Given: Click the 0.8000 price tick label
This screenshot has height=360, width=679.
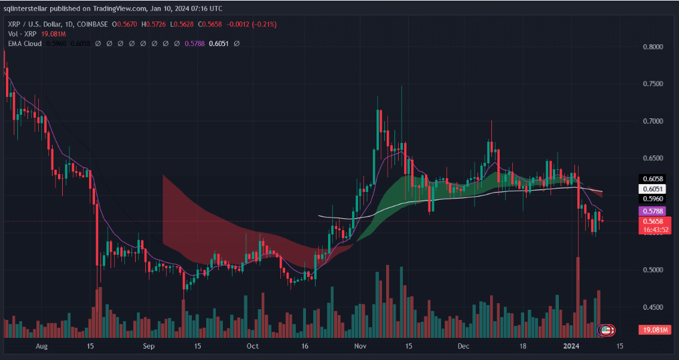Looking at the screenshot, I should point(653,47).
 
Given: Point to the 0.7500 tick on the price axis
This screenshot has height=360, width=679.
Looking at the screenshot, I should point(653,84).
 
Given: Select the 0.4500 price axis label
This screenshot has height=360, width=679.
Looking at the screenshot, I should point(653,307).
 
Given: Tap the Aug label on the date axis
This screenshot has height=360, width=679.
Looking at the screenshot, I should point(41,346).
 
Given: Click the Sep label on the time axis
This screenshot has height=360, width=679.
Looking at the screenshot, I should point(149,346).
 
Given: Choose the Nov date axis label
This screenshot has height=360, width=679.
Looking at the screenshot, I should point(360,346).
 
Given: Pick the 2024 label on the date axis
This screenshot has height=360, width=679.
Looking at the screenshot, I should point(573,346).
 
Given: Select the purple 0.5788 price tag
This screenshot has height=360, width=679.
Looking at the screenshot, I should point(652,211).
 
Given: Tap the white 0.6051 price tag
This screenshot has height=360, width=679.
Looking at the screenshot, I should point(652,188).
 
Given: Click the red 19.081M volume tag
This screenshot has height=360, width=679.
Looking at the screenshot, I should point(656,330).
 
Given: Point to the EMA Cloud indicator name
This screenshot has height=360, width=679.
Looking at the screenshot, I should point(25,44).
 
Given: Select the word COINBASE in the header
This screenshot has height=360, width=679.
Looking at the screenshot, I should point(93,24).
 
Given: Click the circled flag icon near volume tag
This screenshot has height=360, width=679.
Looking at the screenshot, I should point(606,330).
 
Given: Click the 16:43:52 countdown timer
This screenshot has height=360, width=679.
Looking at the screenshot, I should point(656,230).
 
